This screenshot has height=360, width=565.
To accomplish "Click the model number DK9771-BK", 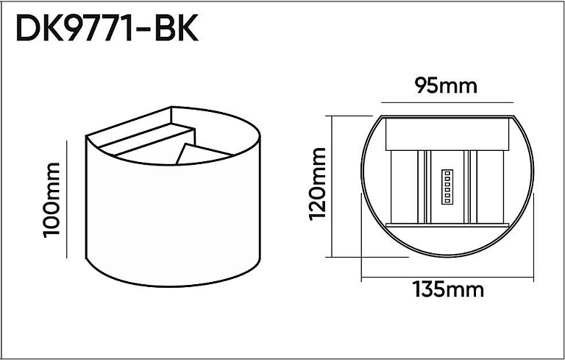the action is pyautogui.click(x=107, y=29).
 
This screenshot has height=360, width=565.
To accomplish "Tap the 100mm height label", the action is pyautogui.click(x=51, y=200).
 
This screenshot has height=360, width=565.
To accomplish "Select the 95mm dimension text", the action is pyautogui.click(x=445, y=86).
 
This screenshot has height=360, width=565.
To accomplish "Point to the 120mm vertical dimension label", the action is pyautogui.click(x=317, y=183).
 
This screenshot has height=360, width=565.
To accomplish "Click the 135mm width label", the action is pyautogui.click(x=448, y=289).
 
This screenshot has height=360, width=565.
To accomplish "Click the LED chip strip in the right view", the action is pyautogui.click(x=447, y=187).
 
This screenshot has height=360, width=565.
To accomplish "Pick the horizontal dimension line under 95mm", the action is pyautogui.click(x=447, y=103).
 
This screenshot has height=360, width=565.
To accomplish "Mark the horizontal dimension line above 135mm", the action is pyautogui.click(x=447, y=278).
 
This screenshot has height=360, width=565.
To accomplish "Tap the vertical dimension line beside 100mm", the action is pyautogui.click(x=67, y=200).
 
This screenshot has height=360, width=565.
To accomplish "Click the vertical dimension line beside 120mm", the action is pyautogui.click(x=331, y=186).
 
